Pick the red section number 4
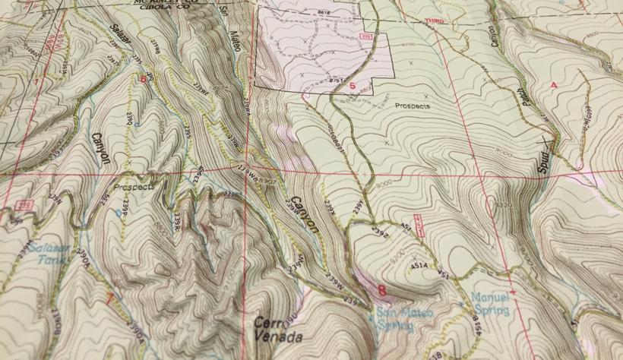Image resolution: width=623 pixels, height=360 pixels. pyautogui.click(x=553, y=84)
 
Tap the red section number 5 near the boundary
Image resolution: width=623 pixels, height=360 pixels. pyautogui.click(x=352, y=86)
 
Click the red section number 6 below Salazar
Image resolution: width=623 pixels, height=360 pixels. pyautogui.click(x=142, y=77)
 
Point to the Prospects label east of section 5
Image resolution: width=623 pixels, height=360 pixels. pyautogui.click(x=413, y=106)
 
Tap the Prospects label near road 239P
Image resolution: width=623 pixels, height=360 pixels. pyautogui.click(x=134, y=186)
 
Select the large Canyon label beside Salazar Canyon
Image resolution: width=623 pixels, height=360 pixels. pyautogui.click(x=102, y=147)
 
